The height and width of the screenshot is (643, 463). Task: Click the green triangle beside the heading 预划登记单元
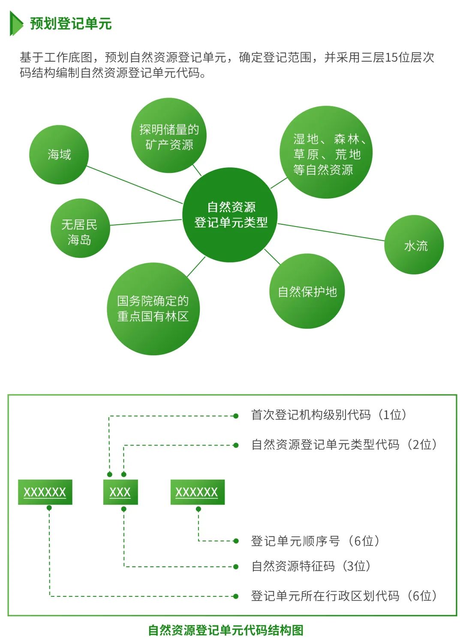point(16,24)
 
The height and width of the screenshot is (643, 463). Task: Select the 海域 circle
point(59,155)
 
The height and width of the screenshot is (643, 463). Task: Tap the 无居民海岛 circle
point(80,228)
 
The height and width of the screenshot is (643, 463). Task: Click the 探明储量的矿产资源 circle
point(169,136)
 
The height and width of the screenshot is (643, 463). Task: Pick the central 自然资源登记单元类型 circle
point(230,215)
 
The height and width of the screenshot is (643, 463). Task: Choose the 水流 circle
point(414,245)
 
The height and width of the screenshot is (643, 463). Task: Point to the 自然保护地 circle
point(307,292)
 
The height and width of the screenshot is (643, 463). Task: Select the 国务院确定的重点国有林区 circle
point(153,309)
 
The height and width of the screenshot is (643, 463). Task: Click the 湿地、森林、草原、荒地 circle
point(326,153)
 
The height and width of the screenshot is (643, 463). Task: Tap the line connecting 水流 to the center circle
point(331,232)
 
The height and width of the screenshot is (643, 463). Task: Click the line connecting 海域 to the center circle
point(135,185)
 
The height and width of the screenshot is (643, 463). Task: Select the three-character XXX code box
point(120,492)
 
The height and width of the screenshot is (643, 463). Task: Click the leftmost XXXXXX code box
point(45,492)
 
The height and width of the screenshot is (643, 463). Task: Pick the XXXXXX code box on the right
point(197,492)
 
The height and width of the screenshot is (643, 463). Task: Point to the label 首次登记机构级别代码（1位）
point(329,415)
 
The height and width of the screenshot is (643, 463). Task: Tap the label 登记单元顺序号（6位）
point(316,541)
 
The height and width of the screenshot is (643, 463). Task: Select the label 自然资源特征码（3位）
point(311,566)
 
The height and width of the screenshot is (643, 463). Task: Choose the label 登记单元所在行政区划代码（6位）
point(344,595)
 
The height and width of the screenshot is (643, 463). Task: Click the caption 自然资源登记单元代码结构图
point(226,630)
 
